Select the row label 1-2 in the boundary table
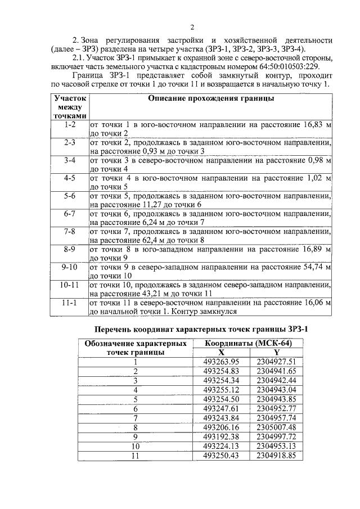click(x=70, y=123)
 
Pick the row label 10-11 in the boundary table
click(x=70, y=286)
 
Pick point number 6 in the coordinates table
click(x=135, y=408)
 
